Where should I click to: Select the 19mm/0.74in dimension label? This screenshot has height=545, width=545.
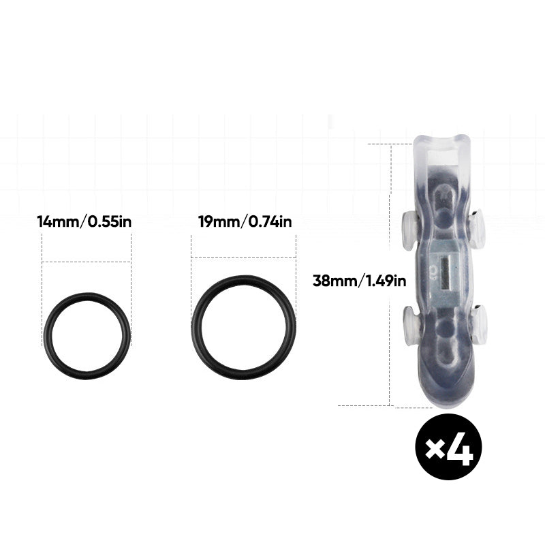coord(245,221)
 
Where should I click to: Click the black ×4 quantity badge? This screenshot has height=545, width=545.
coord(448,447)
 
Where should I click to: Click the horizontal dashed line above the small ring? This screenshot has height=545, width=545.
coord(87,262)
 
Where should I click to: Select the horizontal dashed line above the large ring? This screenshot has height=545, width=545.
coord(243,257)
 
